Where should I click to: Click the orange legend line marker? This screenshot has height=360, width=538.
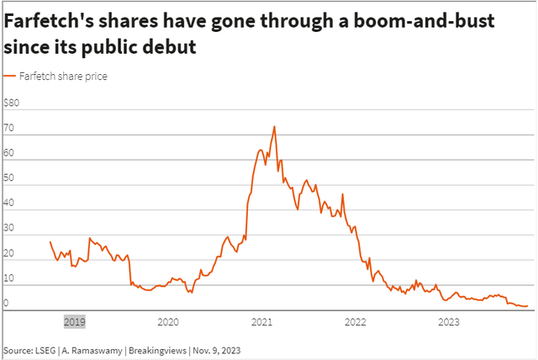pyautogui.click(x=9, y=77)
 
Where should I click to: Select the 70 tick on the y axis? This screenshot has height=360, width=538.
pyautogui.click(x=10, y=129)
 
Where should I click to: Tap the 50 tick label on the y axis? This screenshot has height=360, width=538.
pyautogui.click(x=10, y=178)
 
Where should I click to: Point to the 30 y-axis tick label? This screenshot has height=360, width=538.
pyautogui.click(x=10, y=228)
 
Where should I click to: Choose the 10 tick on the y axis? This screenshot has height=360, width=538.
pyautogui.click(x=10, y=278)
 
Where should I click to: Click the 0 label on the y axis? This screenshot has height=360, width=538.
pyautogui.click(x=7, y=303)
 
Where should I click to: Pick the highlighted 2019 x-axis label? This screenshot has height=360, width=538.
pyautogui.click(x=74, y=321)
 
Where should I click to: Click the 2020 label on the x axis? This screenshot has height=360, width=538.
pyautogui.click(x=168, y=321)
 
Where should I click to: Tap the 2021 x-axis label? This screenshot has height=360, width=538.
pyautogui.click(x=262, y=321)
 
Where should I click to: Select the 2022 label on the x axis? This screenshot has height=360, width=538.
pyautogui.click(x=356, y=321)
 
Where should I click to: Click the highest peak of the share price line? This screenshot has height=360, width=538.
pyautogui.click(x=274, y=127)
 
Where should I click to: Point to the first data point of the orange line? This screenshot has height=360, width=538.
pyautogui.click(x=50, y=242)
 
